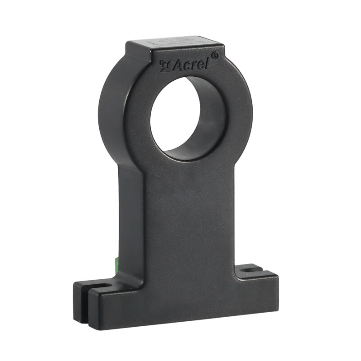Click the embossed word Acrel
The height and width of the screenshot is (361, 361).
[190, 65]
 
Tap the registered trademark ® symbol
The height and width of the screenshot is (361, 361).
[215, 55]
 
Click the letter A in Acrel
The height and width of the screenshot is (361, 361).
[176, 66]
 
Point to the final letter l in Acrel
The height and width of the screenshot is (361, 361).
[208, 63]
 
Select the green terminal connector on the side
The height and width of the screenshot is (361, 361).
[116, 264]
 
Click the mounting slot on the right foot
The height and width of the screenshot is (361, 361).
[251, 269]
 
